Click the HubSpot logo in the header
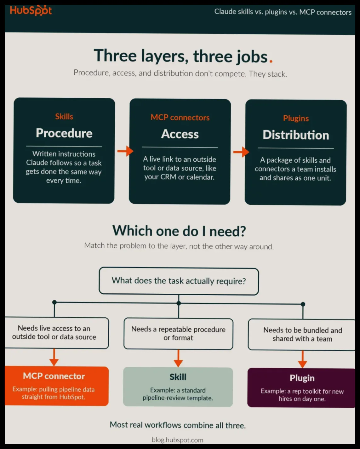[x=31, y=10]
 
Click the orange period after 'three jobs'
[x=271, y=61]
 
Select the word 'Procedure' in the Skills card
[x=64, y=133]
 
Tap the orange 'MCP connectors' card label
[x=180, y=118]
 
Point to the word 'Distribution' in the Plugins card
[x=296, y=135]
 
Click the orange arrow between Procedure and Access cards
[x=125, y=151]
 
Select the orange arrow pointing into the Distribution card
[x=241, y=152]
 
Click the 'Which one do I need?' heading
[x=179, y=231]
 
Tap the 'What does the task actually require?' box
[x=179, y=281]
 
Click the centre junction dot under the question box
[x=179, y=303]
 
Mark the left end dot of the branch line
[x=54, y=302]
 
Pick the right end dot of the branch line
[x=303, y=304]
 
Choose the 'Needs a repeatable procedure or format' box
[x=178, y=334]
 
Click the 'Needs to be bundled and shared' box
[x=302, y=335]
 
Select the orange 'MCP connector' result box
[x=56, y=386]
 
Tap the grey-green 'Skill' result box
[x=178, y=387]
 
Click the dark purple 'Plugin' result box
[x=301, y=388]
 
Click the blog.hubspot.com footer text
[x=178, y=440]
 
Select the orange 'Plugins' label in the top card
[x=296, y=118]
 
